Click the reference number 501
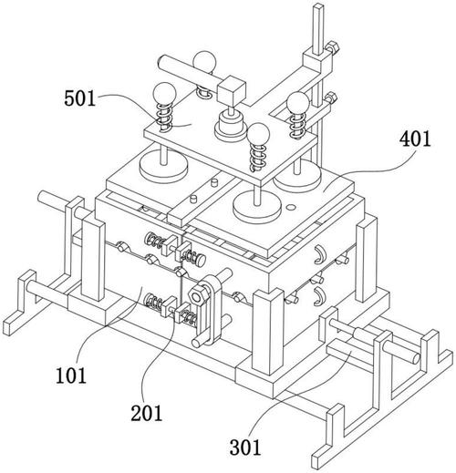[79, 98]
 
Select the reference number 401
[415, 139]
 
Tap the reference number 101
[71, 375]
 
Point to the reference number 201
[147, 413]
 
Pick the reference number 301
[245, 447]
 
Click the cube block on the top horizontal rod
[231, 90]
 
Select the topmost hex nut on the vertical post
[333, 47]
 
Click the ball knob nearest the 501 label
[164, 94]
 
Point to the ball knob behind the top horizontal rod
[205, 62]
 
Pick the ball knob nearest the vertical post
[297, 103]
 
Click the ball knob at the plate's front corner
[258, 134]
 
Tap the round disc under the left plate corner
[163, 167]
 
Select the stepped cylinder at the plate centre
[230, 125]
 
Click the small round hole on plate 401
[291, 207]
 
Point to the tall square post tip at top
[319, 6]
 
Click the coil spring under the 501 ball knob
[164, 118]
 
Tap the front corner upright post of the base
[268, 331]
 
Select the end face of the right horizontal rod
[416, 358]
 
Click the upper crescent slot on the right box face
[319, 254]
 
